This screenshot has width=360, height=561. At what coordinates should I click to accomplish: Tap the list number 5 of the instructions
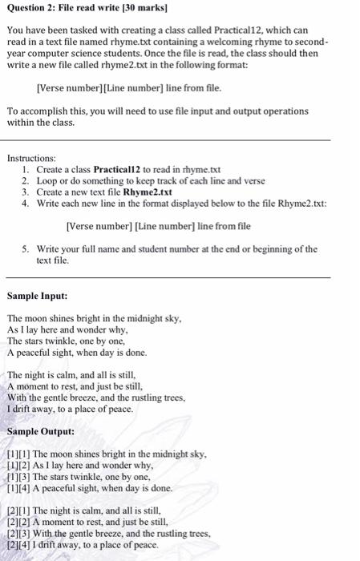pyautogui.click(x=26, y=249)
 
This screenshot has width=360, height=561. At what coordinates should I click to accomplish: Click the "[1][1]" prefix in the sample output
pyautogui.click(x=16, y=454)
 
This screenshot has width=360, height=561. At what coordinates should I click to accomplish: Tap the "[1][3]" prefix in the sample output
pyautogui.click(x=16, y=476)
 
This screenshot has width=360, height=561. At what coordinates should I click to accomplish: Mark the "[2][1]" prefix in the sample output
pyautogui.click(x=16, y=511)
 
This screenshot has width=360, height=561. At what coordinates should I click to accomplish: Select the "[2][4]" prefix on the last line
pyautogui.click(x=16, y=544)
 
